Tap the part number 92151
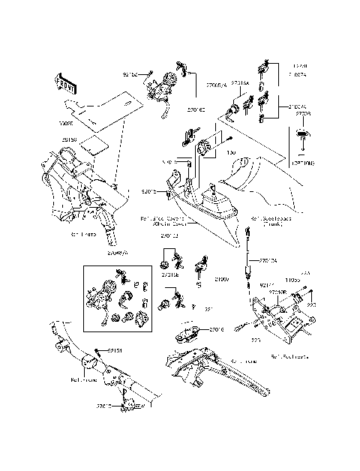pyautogui.click(x=113, y=349)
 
